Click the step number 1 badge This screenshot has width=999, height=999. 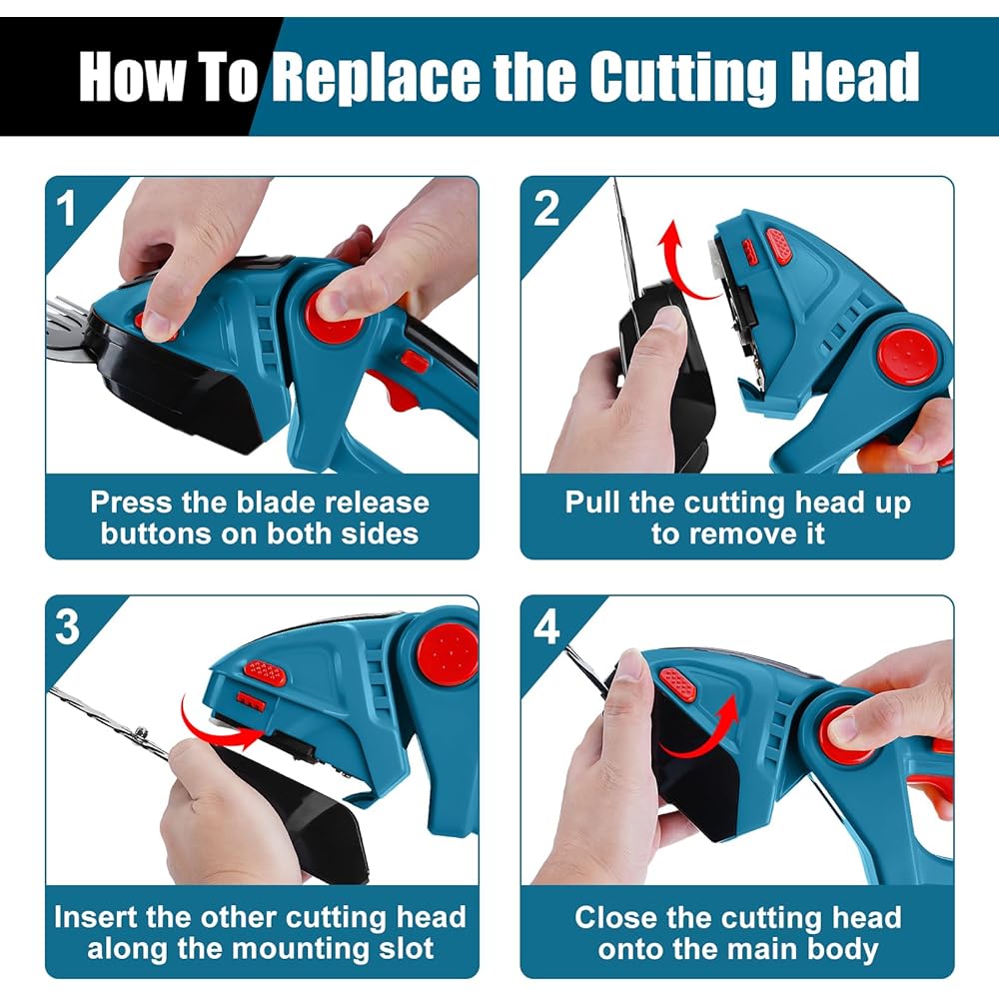65,209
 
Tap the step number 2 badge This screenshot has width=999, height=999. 546,209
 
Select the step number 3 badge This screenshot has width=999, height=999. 68,627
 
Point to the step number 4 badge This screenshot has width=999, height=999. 546,627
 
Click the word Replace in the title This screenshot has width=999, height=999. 376,77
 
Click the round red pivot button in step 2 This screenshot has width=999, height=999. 907,356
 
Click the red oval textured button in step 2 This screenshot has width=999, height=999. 778,246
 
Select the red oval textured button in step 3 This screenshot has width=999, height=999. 265,672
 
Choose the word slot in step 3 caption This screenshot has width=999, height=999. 406,948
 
